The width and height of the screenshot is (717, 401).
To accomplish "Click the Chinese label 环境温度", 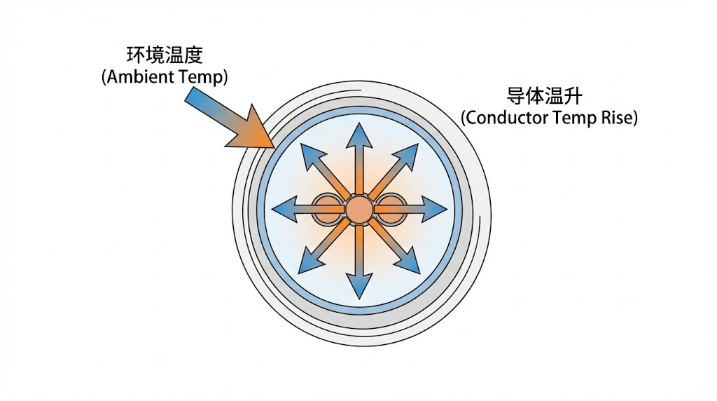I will (x=165, y=55).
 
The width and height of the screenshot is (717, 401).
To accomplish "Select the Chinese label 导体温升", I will (x=548, y=95).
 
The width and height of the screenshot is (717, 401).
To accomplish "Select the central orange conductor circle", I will (x=358, y=209).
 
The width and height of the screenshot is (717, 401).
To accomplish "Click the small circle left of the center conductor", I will (x=326, y=209).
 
